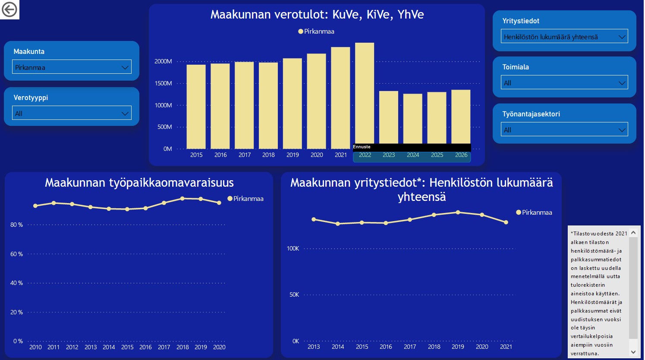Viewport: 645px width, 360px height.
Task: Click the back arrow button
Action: (9, 9)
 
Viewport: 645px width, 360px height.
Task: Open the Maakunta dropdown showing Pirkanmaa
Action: (72, 67)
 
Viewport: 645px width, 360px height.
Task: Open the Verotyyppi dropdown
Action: (72, 113)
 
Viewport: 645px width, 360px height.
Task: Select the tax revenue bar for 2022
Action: (365, 93)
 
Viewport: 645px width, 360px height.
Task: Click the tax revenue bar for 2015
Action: (196, 107)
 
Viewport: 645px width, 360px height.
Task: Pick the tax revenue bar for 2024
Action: (412, 119)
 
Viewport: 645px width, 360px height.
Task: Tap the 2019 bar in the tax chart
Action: (293, 103)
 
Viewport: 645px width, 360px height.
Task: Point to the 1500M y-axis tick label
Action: (163, 84)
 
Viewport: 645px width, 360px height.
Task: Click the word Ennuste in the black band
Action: (362, 147)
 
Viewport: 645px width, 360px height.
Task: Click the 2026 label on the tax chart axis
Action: (461, 155)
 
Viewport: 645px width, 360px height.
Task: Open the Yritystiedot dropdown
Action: (564, 36)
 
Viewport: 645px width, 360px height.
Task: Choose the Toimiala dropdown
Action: (564, 82)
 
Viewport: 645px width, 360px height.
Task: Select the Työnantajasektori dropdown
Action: (564, 129)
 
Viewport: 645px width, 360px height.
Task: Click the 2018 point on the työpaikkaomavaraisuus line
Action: (182, 199)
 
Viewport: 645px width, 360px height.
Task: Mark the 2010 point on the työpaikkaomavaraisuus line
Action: (35, 206)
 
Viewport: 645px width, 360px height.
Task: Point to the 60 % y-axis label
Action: (16, 254)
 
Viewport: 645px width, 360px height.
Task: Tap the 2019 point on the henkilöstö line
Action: (458, 213)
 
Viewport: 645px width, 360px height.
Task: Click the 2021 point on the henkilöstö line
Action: (506, 222)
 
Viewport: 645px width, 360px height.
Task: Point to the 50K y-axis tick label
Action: (294, 294)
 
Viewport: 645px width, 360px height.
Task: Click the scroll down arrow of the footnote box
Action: (633, 352)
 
